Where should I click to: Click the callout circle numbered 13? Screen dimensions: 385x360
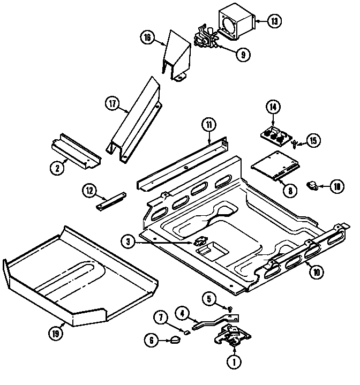coord(274,22)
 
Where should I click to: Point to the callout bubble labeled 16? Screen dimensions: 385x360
coord(148,37)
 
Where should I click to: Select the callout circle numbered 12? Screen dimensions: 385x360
coord(89,190)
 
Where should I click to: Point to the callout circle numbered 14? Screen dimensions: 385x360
coord(273,107)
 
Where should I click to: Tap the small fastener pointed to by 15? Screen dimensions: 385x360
coord(295,143)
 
